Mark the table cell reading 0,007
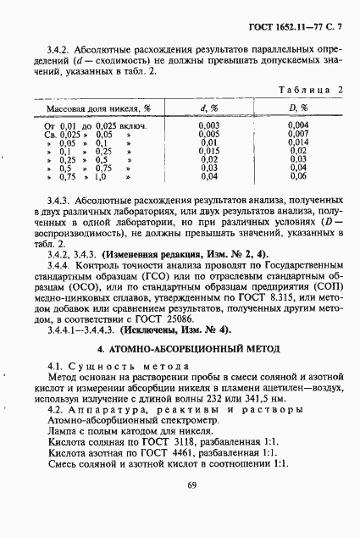click(x=297, y=134)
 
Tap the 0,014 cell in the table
click(x=297, y=142)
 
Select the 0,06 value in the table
click(x=297, y=176)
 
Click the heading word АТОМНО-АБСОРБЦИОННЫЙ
click(x=170, y=348)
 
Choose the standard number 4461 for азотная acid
click(x=177, y=454)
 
